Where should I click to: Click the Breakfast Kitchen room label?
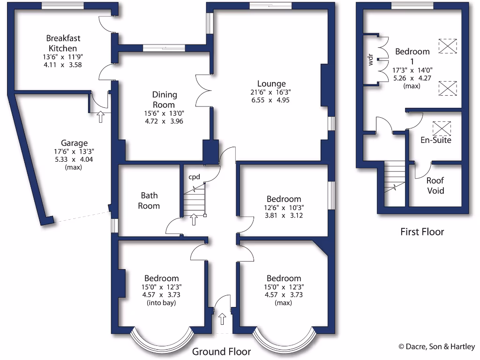(61, 43)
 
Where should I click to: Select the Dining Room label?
(164, 100)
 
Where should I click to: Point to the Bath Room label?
(150, 201)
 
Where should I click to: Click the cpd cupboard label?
(195, 177)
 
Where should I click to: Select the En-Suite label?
(436, 140)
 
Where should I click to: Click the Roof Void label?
(435, 186)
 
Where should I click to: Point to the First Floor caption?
(422, 232)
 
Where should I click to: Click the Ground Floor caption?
(222, 352)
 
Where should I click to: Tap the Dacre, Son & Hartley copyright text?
(436, 347)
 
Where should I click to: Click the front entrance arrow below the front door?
(222, 319)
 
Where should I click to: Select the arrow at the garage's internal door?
(100, 117)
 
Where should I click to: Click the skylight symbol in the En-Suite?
(441, 127)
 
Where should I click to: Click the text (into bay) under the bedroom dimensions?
(162, 303)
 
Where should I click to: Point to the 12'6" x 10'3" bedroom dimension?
(284, 208)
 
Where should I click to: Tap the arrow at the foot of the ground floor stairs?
(194, 219)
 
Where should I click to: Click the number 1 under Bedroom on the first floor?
(412, 61)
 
